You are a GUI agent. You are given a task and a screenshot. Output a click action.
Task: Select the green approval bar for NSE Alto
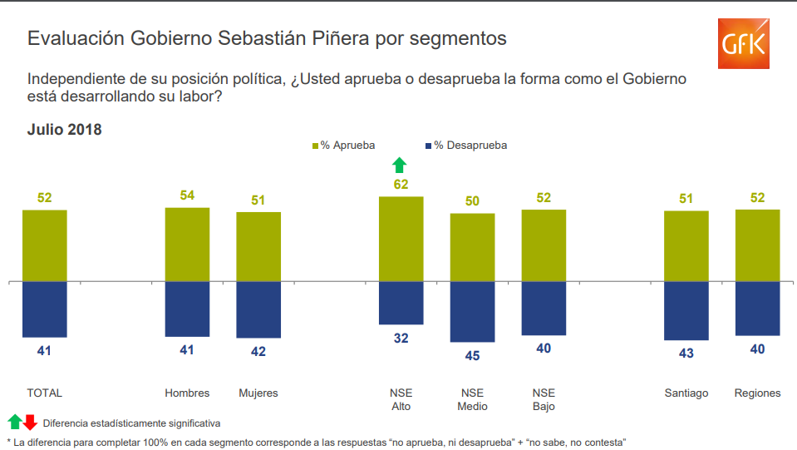point(401,239)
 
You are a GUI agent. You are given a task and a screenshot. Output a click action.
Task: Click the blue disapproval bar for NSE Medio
point(472,311)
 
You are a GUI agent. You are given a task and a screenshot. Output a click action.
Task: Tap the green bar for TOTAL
point(45,245)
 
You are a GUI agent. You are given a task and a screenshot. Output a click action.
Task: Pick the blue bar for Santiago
point(686,310)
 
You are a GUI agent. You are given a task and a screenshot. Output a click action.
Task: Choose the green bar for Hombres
point(187,244)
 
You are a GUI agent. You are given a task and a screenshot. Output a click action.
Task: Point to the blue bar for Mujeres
point(258,309)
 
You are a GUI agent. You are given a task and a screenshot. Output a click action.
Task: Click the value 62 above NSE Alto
point(401,185)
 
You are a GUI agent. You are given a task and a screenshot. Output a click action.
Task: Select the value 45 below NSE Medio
point(472,356)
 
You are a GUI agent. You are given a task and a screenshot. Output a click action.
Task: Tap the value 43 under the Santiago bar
point(686,354)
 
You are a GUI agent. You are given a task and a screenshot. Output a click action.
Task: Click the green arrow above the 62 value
point(401,164)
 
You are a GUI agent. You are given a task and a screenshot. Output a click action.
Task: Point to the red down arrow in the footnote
point(31,422)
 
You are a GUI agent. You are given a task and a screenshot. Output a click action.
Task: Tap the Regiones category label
point(757,393)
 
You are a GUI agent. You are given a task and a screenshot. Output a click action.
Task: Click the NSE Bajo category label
point(544,399)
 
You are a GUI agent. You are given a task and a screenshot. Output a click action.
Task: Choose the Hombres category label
point(187,393)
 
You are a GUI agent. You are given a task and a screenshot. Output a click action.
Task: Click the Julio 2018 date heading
point(64,130)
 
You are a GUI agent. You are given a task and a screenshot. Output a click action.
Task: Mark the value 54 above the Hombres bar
point(187,195)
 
